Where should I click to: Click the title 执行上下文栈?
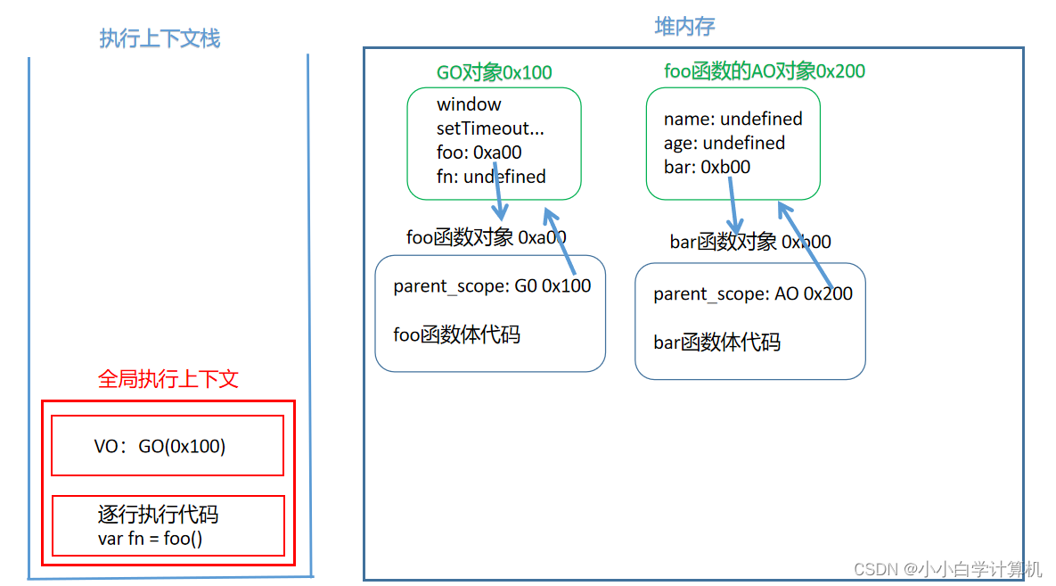click(160, 38)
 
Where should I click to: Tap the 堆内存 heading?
click(684, 27)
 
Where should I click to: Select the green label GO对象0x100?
click(494, 72)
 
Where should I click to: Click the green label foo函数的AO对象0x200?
click(765, 70)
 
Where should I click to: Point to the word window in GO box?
click(469, 104)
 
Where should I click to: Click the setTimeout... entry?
click(490, 128)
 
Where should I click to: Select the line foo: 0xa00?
click(479, 153)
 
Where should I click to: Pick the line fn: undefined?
click(491, 177)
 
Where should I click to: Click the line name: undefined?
click(733, 119)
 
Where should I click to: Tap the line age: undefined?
click(724, 143)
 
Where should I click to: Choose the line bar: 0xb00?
click(707, 167)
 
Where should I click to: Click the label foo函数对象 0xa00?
click(486, 237)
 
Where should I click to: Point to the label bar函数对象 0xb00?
click(749, 242)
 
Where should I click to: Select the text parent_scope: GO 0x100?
click(492, 286)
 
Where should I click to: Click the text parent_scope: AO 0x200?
click(752, 293)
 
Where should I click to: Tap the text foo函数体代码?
click(456, 334)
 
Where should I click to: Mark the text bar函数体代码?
click(716, 343)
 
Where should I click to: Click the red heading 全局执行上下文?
click(168, 379)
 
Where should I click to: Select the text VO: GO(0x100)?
click(160, 446)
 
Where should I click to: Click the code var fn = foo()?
click(156, 538)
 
